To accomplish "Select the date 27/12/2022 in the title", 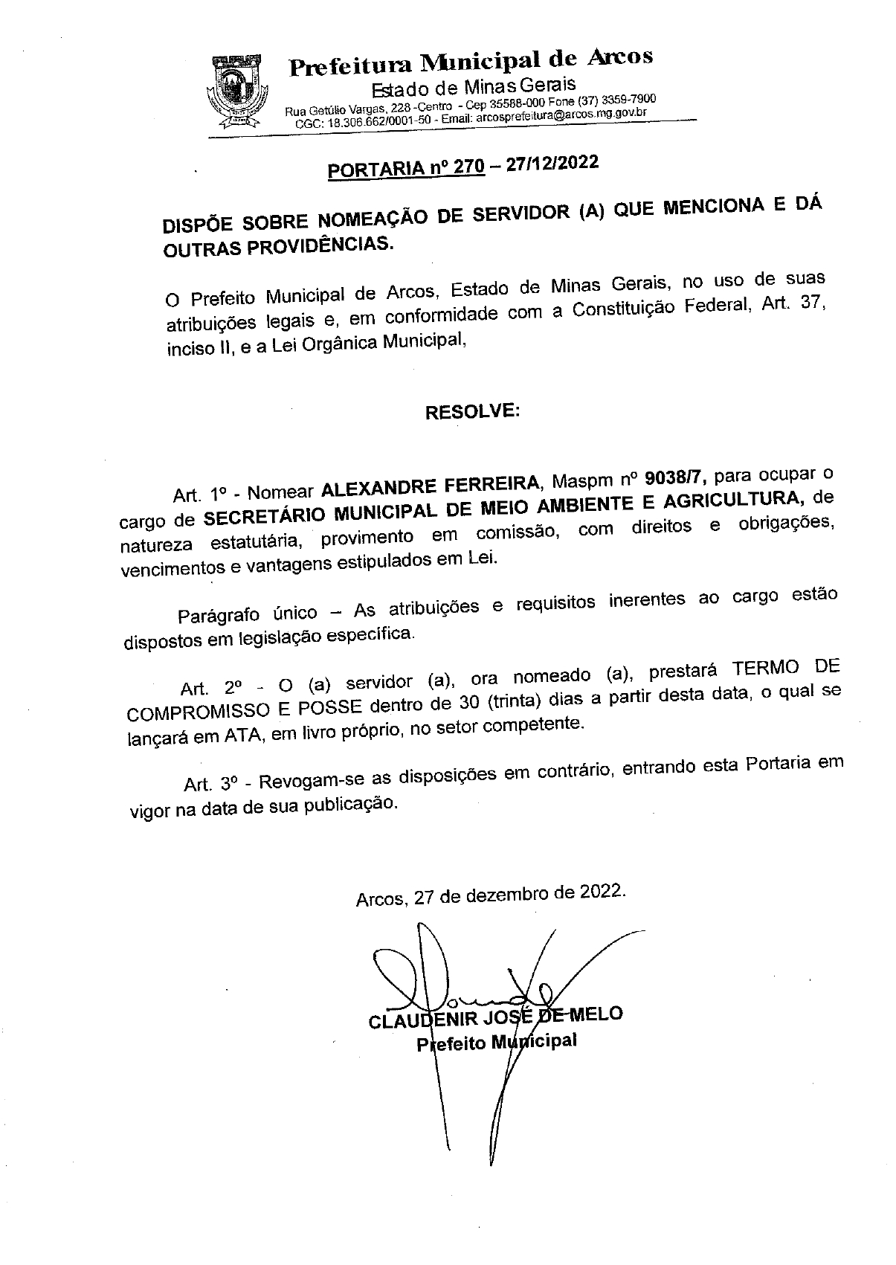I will [x=552, y=163].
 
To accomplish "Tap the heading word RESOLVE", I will [x=471, y=411].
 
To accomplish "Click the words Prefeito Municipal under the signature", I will [x=497, y=1041].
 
